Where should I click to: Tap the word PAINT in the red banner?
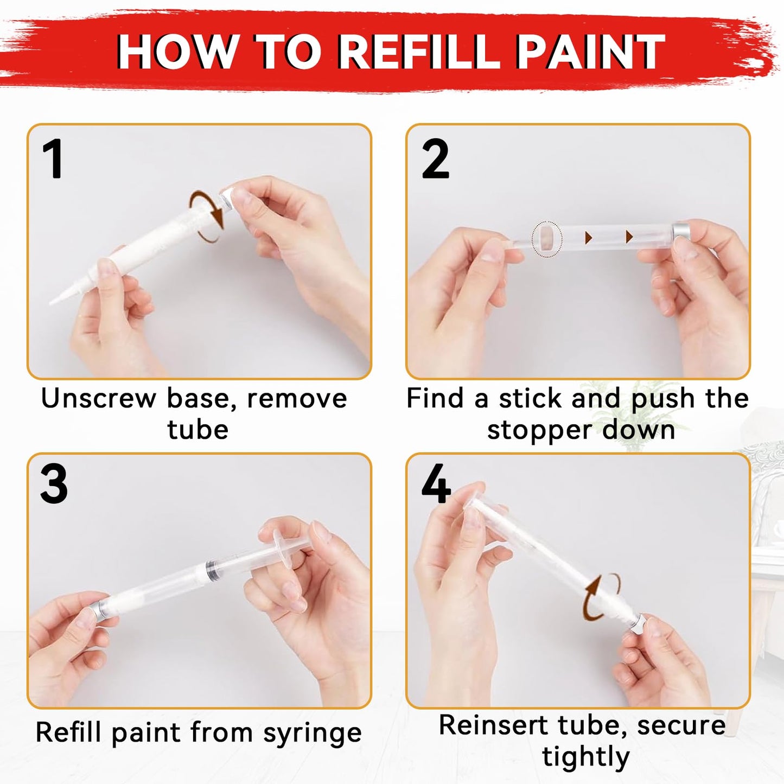pyautogui.click(x=590, y=52)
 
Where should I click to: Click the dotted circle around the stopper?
pyautogui.click(x=547, y=239)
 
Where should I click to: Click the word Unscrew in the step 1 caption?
pyautogui.click(x=98, y=398)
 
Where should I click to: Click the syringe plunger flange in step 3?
pyautogui.click(x=286, y=544)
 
